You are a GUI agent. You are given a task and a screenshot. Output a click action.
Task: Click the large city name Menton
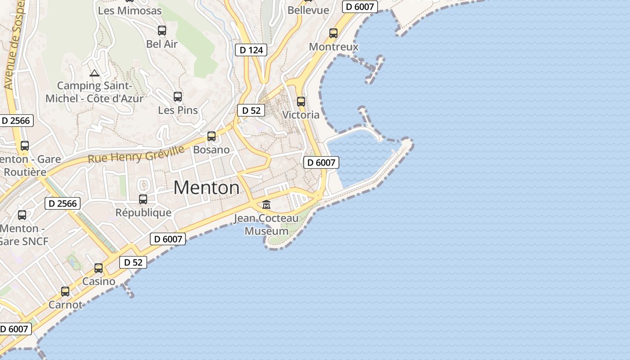(x=207, y=188)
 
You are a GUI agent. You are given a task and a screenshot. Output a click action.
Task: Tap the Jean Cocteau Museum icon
(x=266, y=205)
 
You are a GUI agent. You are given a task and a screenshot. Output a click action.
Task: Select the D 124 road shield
(x=251, y=50)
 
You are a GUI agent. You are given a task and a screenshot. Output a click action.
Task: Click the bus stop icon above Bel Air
(x=162, y=31)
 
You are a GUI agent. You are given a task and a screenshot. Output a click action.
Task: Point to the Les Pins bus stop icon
(x=178, y=97)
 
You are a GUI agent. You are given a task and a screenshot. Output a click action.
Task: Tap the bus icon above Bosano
(x=211, y=136)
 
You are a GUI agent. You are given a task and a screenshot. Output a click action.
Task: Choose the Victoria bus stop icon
(x=301, y=102)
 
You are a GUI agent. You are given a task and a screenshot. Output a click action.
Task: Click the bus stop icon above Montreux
(x=333, y=33)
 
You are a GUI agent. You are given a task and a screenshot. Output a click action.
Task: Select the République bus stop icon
(x=143, y=199)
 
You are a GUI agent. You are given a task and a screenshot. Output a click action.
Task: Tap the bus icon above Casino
(x=99, y=268)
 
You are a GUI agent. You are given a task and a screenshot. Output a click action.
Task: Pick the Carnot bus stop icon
(x=65, y=292)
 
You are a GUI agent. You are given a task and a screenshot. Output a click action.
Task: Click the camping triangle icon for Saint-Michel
(x=94, y=73)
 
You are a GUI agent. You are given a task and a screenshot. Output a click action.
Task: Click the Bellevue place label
(x=308, y=10)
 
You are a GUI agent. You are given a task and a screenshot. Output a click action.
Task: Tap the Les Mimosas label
(x=130, y=11)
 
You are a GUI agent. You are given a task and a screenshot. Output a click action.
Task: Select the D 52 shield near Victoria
(x=251, y=110)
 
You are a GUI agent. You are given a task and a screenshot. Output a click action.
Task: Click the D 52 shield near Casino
(x=133, y=262)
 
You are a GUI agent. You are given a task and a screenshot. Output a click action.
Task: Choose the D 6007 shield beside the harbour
(x=321, y=162)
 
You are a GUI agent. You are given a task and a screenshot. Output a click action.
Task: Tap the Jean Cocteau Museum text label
(x=266, y=225)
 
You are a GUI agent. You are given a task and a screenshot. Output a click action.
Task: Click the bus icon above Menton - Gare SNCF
(x=22, y=215)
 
